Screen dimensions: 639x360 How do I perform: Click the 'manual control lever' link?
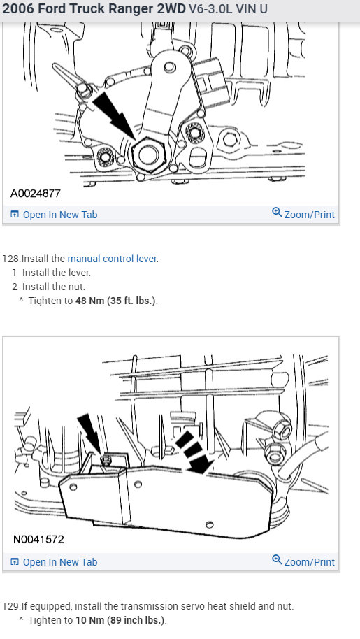click(112, 259)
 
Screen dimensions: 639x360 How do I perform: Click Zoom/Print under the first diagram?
click(303, 214)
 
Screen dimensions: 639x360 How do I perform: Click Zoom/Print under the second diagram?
click(303, 561)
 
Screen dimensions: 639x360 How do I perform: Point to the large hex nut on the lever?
click(148, 154)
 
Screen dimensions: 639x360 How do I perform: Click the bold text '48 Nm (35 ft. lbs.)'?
click(116, 301)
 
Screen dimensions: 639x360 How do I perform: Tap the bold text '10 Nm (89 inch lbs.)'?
click(121, 620)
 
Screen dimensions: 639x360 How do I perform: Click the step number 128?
click(10, 259)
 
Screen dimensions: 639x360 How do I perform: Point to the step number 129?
click(10, 606)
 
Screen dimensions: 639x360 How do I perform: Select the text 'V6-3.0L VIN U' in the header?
click(228, 10)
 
